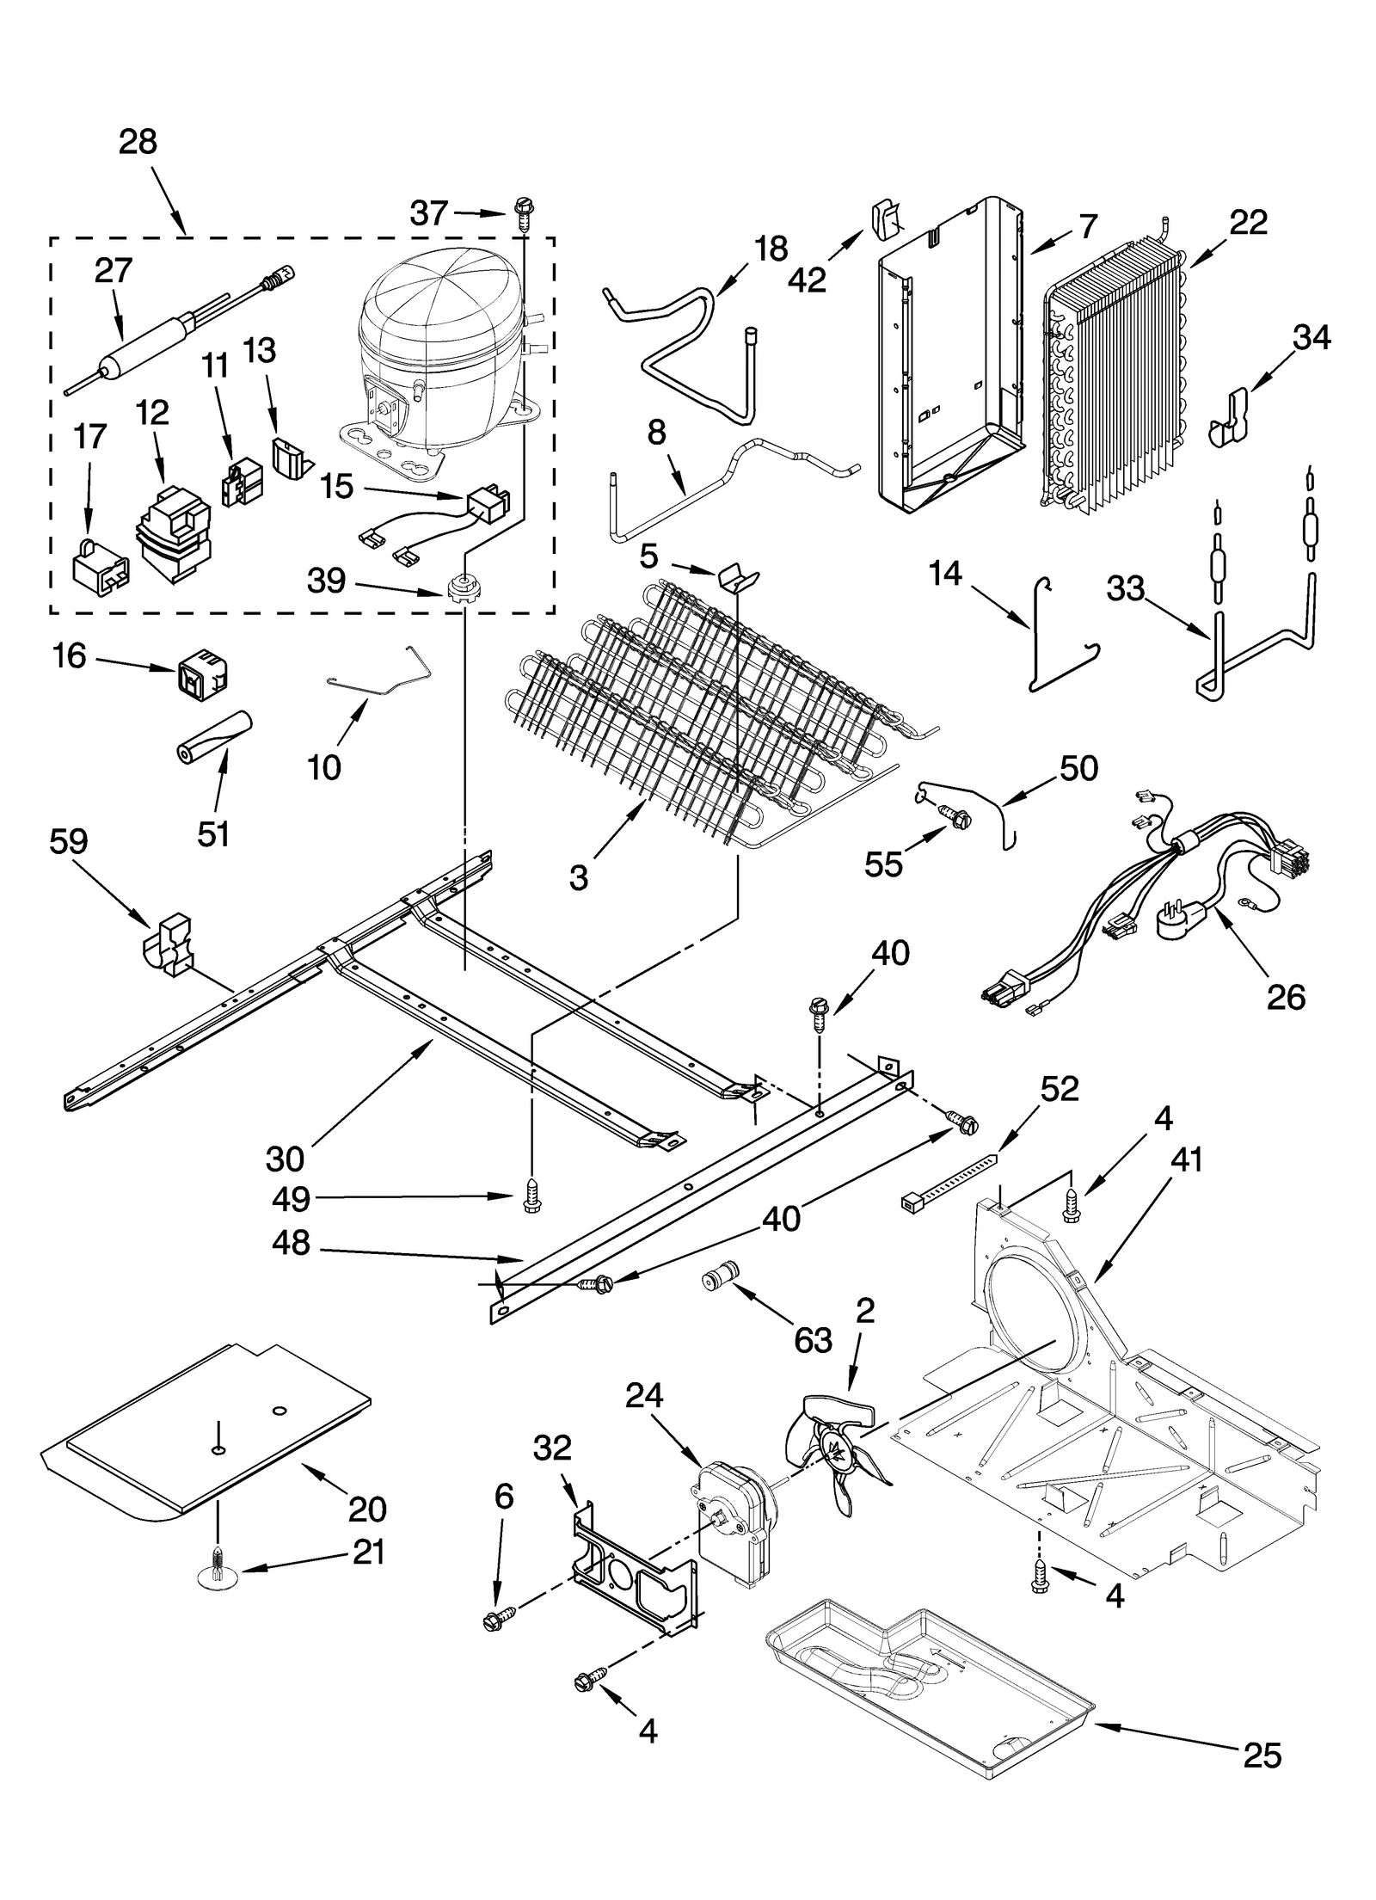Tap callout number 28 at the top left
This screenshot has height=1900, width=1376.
tap(138, 141)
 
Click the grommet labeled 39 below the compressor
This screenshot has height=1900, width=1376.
tap(463, 589)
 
